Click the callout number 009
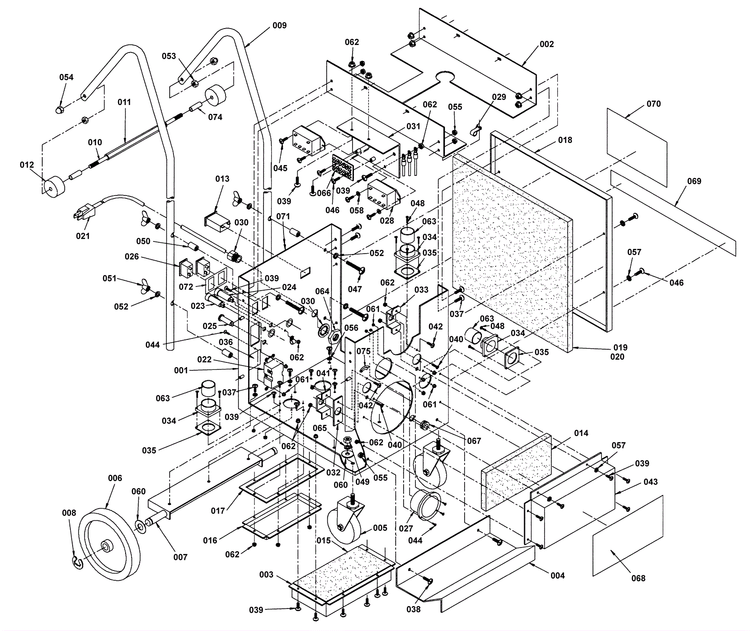[x=279, y=25]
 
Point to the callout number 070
[x=653, y=104]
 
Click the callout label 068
[x=638, y=578]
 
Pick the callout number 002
[x=547, y=44]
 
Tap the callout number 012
[x=27, y=165]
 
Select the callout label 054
[x=66, y=77]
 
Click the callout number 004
[x=558, y=575]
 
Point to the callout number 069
[x=694, y=181]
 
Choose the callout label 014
[x=581, y=433]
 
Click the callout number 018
[x=565, y=140]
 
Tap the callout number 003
[x=266, y=574]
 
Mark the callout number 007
[x=180, y=557]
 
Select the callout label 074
[x=215, y=117]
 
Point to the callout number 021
[x=82, y=236]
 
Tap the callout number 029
[x=499, y=97]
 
